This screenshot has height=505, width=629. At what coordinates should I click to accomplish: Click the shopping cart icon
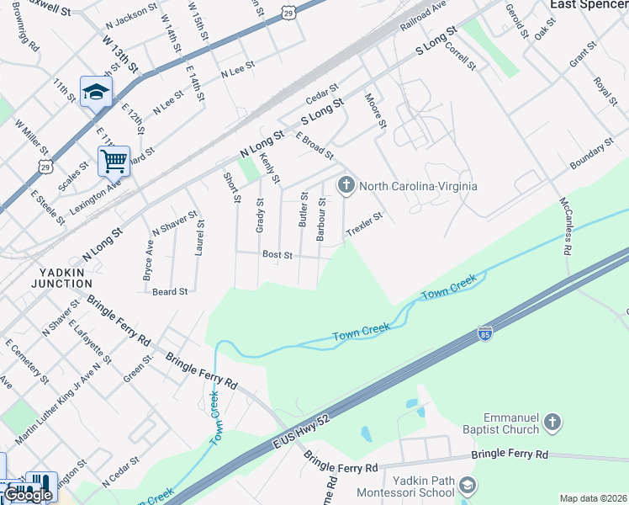[114, 159]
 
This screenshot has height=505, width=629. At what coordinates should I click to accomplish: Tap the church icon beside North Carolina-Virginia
[346, 185]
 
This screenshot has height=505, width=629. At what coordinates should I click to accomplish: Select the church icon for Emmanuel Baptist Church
[552, 422]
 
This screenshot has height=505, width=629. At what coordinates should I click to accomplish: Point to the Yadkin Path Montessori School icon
[468, 486]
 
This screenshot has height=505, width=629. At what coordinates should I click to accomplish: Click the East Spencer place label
[589, 5]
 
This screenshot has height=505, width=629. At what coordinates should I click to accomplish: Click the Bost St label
[277, 254]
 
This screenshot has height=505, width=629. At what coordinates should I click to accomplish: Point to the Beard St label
[169, 291]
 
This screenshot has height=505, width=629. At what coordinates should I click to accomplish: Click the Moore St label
[375, 111]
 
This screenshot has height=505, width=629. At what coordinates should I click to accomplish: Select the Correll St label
[461, 56]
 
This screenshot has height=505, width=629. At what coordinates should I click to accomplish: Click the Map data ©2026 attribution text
[593, 498]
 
